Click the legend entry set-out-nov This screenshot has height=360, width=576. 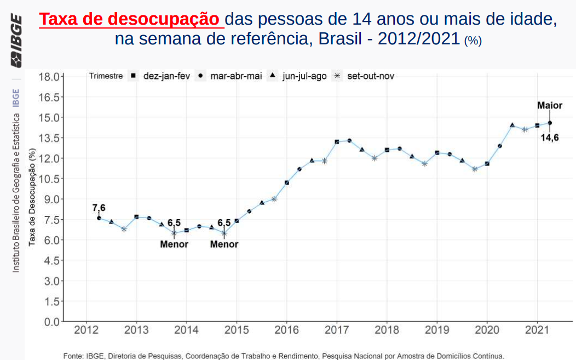[x=371, y=76]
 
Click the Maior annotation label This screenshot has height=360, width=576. [x=549, y=106]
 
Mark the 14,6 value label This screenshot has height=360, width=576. [x=550, y=138]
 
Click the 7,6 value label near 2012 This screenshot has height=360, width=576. [x=99, y=208]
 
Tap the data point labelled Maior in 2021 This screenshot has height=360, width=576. [x=550, y=123]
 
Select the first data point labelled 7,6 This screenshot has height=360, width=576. [x=99, y=218]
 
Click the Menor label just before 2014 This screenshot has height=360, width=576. [x=174, y=244]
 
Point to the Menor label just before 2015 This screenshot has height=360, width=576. [x=224, y=244]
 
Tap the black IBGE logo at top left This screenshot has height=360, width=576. [x=16, y=41]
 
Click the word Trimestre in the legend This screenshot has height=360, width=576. [x=106, y=76]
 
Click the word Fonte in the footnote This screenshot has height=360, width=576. [x=73, y=356]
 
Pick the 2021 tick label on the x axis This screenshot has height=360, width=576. [x=537, y=330]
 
